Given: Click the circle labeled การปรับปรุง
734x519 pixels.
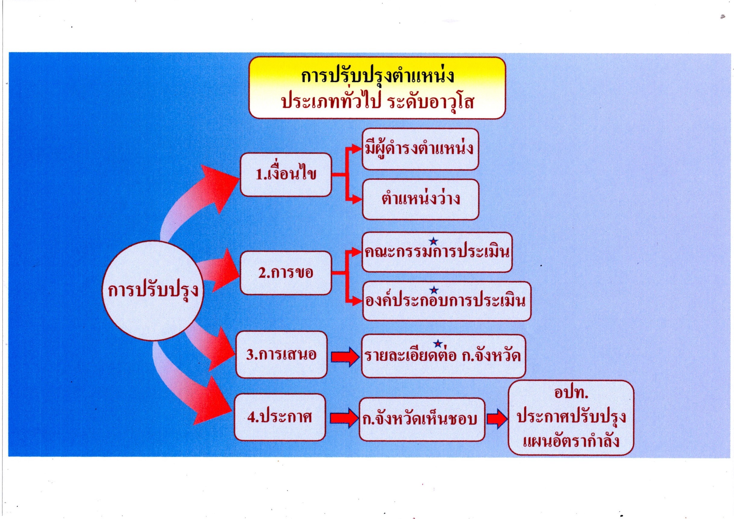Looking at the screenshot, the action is click(153, 290).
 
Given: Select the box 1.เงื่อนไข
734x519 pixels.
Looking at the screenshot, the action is click(286, 175).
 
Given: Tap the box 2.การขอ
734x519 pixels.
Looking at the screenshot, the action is click(286, 273).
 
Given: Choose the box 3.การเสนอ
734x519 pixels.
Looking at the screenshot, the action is click(282, 355).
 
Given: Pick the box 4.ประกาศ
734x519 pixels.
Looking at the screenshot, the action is click(280, 417).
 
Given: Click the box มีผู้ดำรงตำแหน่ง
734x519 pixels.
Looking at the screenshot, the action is click(420, 149).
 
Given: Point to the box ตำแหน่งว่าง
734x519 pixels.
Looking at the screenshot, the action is click(421, 199).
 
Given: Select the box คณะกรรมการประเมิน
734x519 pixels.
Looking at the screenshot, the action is click(437, 252).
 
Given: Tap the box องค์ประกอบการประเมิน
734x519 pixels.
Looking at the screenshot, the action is click(447, 301).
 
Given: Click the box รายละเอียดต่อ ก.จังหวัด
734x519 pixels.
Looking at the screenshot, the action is click(443, 356).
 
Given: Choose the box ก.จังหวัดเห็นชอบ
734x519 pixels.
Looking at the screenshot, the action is click(422, 419).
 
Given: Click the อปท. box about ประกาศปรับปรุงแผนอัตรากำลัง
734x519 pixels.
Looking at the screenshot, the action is click(571, 418).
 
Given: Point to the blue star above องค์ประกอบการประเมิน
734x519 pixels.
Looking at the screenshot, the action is click(434, 290).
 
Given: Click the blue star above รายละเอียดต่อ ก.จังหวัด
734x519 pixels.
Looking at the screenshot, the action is click(438, 344).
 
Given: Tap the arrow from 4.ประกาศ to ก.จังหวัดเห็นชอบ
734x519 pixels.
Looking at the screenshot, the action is click(344, 418).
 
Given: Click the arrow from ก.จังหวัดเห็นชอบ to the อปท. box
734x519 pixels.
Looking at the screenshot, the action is click(497, 419).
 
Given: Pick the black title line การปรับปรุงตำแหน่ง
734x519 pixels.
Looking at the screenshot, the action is click(378, 77).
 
